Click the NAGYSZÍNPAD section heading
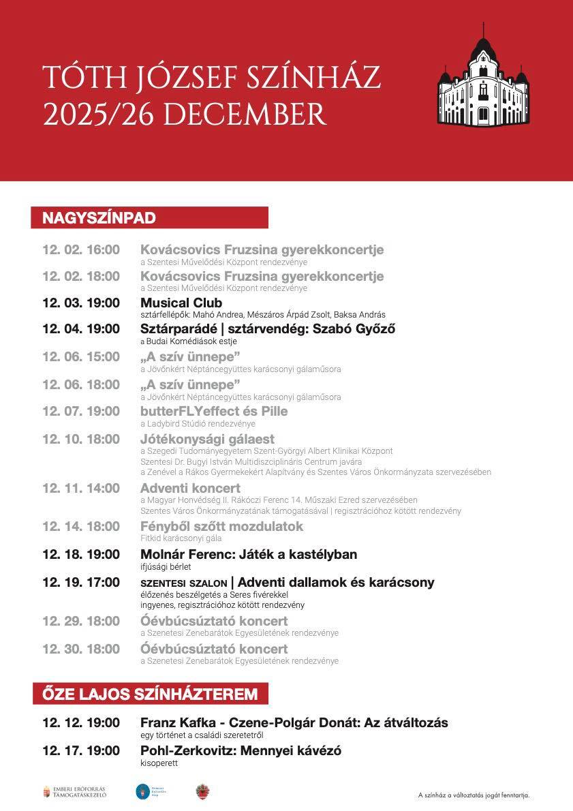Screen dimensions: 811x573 click(99, 218)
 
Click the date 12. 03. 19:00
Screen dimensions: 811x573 click(80, 303)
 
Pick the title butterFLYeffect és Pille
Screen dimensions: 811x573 click(214, 411)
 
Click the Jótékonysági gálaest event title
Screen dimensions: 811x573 click(207, 439)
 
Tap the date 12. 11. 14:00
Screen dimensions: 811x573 click(80, 488)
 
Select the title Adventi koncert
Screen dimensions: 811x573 click(190, 488)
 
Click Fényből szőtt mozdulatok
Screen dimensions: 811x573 click(221, 526)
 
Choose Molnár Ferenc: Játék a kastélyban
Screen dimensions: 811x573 click(249, 554)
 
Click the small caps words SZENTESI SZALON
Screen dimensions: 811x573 click(183, 583)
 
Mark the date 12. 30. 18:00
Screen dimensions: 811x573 click(80, 649)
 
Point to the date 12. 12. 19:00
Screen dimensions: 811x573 click(80, 722)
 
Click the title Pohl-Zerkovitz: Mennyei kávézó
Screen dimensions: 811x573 click(241, 750)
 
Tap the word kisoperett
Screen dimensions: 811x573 click(159, 763)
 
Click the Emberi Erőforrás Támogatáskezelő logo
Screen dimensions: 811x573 click(75, 792)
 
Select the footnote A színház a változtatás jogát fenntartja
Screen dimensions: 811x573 click(474, 795)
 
